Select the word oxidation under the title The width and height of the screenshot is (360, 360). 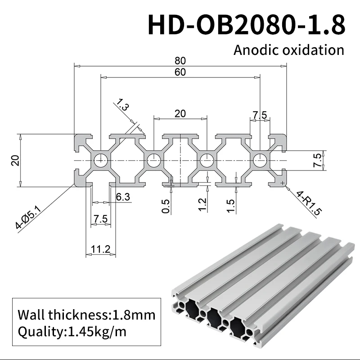(x=316, y=49)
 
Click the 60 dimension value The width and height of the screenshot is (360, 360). (x=180, y=72)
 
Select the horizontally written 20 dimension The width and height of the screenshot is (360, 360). (x=180, y=113)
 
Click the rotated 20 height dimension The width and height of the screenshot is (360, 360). (x=15, y=160)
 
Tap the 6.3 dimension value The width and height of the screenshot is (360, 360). (x=123, y=197)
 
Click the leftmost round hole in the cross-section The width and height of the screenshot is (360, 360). (x=100, y=160)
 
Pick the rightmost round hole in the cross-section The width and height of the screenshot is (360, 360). (x=260, y=160)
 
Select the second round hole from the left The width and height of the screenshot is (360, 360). (x=153, y=160)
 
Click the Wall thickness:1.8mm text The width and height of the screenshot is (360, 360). (x=86, y=315)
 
